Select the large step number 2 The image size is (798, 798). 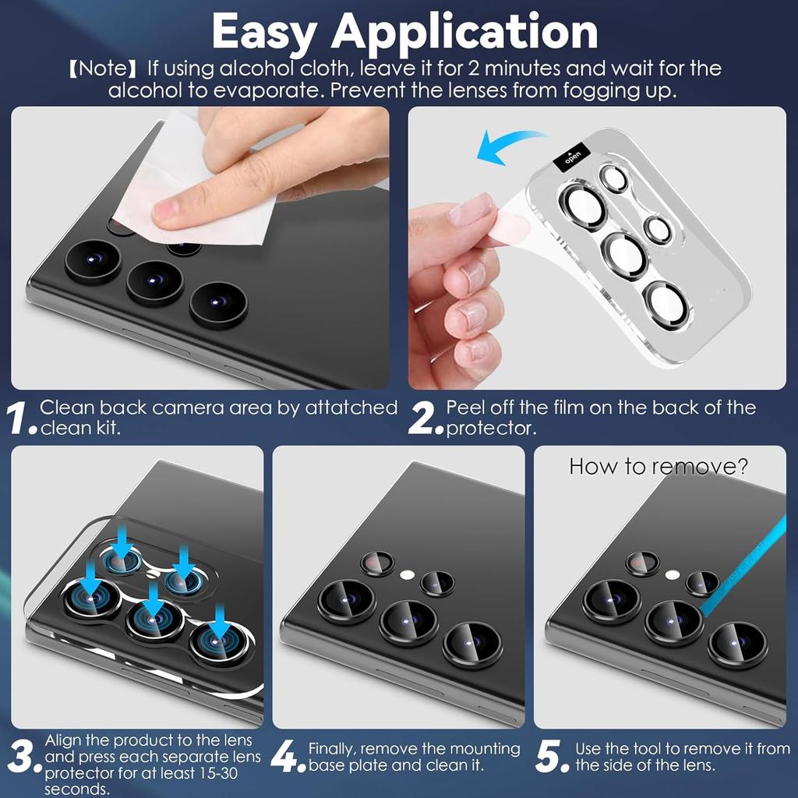click(425, 418)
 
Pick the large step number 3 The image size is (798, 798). click(23, 757)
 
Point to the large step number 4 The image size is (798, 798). click(288, 757)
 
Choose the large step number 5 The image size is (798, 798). click(553, 757)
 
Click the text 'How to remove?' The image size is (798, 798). click(659, 466)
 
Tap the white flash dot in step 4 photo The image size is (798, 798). click(406, 574)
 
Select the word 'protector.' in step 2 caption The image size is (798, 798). click(489, 429)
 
